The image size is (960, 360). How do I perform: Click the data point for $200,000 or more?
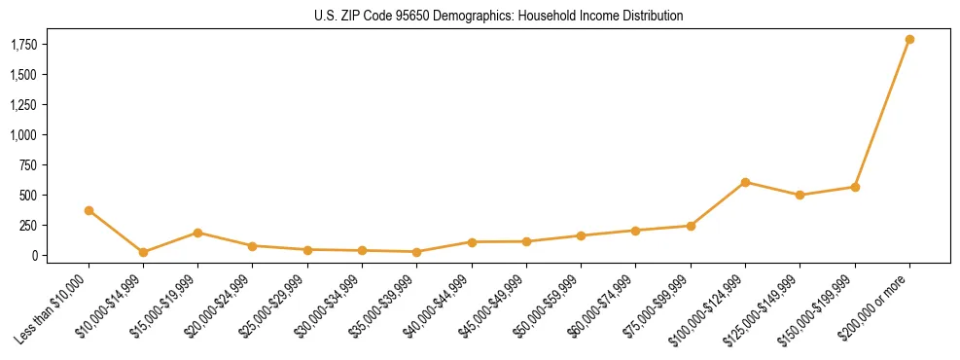909,40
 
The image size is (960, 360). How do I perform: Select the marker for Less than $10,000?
89,210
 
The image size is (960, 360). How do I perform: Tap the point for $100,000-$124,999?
745,182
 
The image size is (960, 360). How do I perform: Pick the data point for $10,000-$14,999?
143,252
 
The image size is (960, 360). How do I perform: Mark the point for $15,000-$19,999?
197,233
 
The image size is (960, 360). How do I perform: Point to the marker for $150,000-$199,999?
855,187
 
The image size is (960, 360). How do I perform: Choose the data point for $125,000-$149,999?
800,195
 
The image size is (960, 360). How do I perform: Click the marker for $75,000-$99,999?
691,226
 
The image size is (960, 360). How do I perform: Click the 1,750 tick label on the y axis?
23,45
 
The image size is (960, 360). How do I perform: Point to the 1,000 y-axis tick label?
23,135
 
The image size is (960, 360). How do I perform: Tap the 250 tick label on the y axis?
29,226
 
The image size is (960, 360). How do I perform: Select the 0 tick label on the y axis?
35,256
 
